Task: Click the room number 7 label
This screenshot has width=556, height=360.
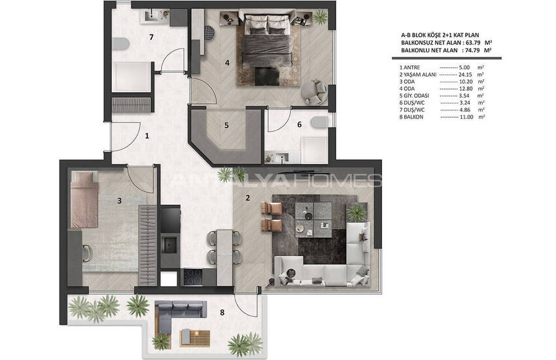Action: [151, 37]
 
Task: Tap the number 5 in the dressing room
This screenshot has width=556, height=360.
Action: [226, 125]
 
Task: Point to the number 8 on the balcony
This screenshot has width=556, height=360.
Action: [222, 312]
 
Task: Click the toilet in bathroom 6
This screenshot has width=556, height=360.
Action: [319, 122]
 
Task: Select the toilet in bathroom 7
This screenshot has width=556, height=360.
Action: [120, 43]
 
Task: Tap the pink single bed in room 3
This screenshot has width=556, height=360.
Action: [84, 200]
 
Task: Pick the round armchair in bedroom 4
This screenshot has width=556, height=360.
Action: [314, 92]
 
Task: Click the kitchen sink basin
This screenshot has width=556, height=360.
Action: [169, 245]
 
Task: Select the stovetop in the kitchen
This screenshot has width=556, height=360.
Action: [193, 277]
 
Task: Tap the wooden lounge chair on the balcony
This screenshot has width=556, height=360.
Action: [195, 337]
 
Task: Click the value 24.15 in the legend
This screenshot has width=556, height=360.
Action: [465, 75]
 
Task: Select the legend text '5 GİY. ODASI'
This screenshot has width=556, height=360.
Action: [414, 96]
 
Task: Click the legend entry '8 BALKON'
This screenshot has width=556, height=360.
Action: [411, 117]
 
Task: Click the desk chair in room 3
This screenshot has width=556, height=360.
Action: [87, 253]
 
